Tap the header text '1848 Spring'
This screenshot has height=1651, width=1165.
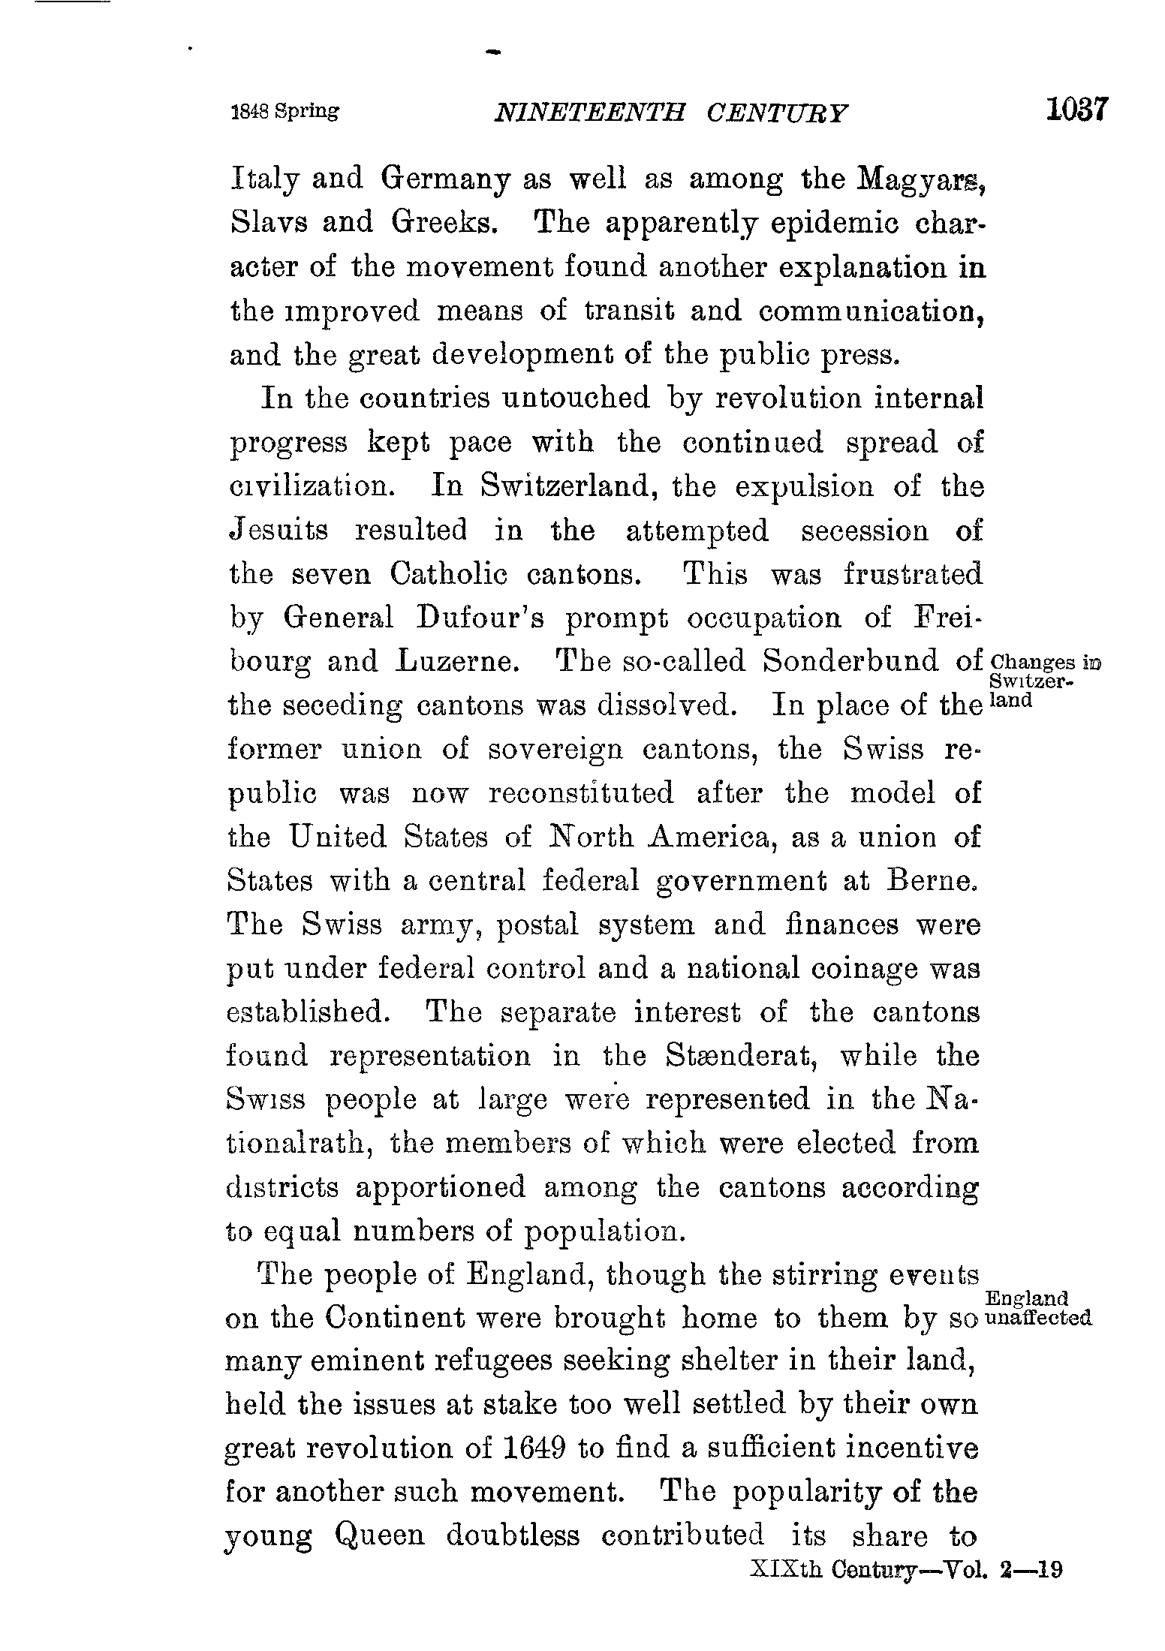point(284,112)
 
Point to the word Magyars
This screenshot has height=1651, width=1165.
point(920,180)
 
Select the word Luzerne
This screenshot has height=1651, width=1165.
point(456,662)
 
